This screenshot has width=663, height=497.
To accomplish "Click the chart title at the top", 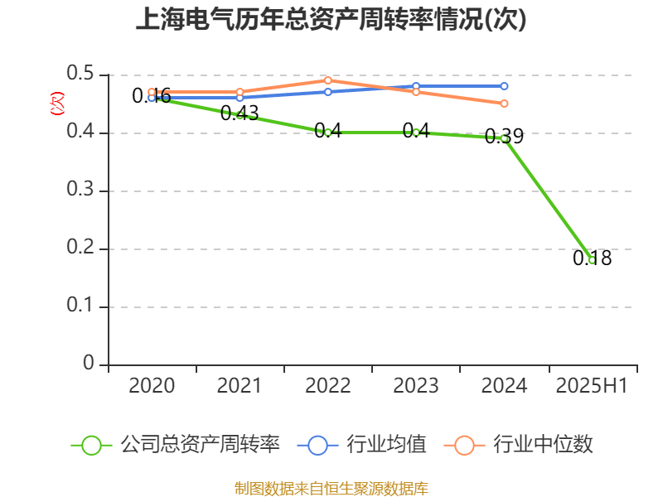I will [x=331, y=20].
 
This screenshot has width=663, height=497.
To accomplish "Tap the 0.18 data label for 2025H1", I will [x=592, y=258].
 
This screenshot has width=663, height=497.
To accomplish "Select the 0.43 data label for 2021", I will [x=240, y=113].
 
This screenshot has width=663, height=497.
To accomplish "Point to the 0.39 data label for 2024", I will [x=504, y=136].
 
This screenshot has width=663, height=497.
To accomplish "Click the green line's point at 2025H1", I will [x=592, y=260].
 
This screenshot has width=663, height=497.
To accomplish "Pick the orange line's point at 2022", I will [x=328, y=80].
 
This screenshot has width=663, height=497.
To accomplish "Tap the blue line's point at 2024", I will [x=504, y=86].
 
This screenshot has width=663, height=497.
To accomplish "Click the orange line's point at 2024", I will [x=504, y=104].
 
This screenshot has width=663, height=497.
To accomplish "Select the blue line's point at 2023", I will [x=416, y=86].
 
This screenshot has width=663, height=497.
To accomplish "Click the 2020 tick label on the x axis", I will [x=152, y=386].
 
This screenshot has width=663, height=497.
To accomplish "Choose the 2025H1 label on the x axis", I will [x=592, y=386].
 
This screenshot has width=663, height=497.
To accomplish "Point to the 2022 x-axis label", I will [x=328, y=386].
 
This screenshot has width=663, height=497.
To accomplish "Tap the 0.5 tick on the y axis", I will [x=82, y=75].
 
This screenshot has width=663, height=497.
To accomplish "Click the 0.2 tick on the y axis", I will [x=82, y=248].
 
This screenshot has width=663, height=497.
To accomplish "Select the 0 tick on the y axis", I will [x=90, y=364].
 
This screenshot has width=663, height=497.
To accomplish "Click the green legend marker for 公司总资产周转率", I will [x=92, y=445].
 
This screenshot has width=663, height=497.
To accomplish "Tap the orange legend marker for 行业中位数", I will [x=464, y=445].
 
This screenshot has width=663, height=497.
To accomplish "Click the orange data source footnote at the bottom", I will [x=331, y=488].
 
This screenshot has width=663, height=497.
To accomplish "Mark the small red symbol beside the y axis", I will [x=57, y=104].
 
